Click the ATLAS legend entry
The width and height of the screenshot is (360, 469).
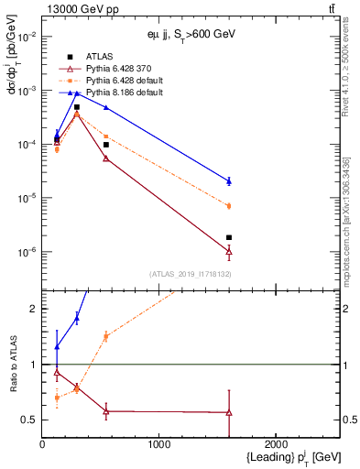99,58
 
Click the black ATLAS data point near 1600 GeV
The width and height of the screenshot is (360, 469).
229,237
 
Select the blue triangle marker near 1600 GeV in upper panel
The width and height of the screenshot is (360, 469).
229,181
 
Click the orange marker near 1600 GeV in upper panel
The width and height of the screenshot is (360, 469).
229,206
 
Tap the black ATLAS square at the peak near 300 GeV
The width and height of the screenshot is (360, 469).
77,107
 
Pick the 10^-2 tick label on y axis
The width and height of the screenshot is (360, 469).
27,37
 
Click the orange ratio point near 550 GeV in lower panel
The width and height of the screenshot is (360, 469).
106,337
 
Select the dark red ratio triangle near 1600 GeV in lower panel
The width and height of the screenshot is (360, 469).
229,412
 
